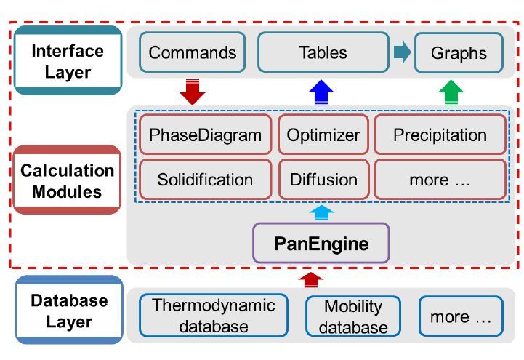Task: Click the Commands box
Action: [192, 52]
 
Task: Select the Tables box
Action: [323, 52]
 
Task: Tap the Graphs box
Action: [459, 53]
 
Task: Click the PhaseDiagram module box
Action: [205, 135]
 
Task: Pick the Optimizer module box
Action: [323, 135]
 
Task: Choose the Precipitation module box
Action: [440, 135]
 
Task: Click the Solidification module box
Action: [205, 180]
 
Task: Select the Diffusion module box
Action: [324, 180]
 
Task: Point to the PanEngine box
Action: [321, 243]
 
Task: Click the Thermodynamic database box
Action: [214, 316]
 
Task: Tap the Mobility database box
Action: [353, 316]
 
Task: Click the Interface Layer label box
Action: [68, 60]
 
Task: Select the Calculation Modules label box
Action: [67, 180]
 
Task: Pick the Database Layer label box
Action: [69, 310]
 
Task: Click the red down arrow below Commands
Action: [192, 92]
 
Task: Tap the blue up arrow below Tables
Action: [321, 92]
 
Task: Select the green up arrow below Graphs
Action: [451, 92]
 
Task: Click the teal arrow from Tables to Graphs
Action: [403, 52]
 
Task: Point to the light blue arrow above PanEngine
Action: [321, 212]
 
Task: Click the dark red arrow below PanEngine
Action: [311, 280]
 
